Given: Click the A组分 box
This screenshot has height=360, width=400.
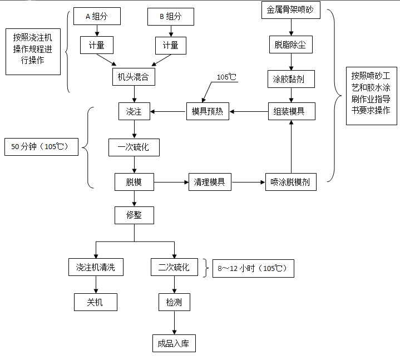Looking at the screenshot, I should (96, 17).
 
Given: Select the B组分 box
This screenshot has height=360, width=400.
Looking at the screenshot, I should (171, 17).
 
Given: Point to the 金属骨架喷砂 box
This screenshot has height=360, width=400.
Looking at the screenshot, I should (290, 10).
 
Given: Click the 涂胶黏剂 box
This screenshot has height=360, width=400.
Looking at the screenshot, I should (290, 79).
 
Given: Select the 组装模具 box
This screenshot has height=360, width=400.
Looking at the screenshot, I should (290, 111).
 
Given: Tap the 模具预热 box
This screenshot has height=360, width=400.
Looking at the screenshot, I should (207, 111).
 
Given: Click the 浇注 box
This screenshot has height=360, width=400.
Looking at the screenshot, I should (134, 111).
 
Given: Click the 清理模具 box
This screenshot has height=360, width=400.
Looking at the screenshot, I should (209, 182).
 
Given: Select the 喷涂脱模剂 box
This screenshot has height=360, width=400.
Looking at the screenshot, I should (290, 182).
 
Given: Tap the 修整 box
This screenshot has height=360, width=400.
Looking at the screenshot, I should (134, 215).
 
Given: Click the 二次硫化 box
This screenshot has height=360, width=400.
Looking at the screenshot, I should (174, 267).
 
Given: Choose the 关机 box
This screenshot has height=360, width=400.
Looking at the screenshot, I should (96, 302).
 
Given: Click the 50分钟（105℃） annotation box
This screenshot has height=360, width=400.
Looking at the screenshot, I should (41, 147).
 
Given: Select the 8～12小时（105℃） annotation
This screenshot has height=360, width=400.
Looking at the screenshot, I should (253, 269).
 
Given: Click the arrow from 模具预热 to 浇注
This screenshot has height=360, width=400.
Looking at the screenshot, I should (168, 111).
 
